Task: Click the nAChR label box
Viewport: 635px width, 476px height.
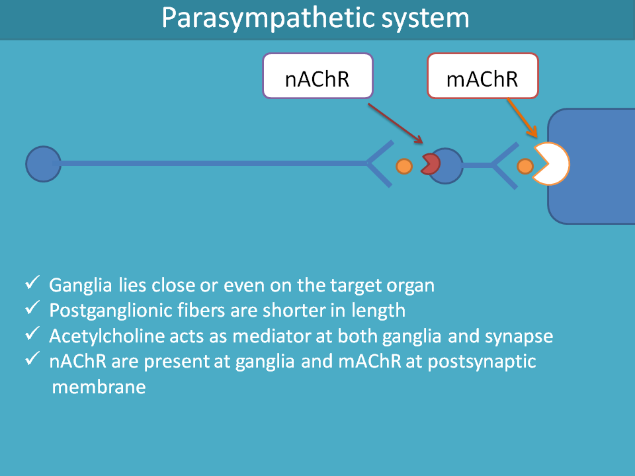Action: pos(317,75)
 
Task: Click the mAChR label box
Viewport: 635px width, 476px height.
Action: pos(483,75)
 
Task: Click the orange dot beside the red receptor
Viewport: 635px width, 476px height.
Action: pos(403,166)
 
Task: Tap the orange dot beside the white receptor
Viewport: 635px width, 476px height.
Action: pos(525,166)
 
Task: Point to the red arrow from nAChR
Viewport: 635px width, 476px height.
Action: pos(396,124)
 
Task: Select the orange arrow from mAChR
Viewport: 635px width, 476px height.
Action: pos(523,118)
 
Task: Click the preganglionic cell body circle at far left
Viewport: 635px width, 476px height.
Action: pos(44,164)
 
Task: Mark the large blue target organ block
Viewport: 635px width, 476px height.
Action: pos(592,166)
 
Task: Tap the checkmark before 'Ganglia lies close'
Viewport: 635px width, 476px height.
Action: pos(32,282)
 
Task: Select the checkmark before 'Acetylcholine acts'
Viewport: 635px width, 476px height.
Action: pos(32,333)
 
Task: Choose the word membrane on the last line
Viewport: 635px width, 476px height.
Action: pos(99,387)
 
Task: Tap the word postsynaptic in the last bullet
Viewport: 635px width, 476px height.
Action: pos(482,362)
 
